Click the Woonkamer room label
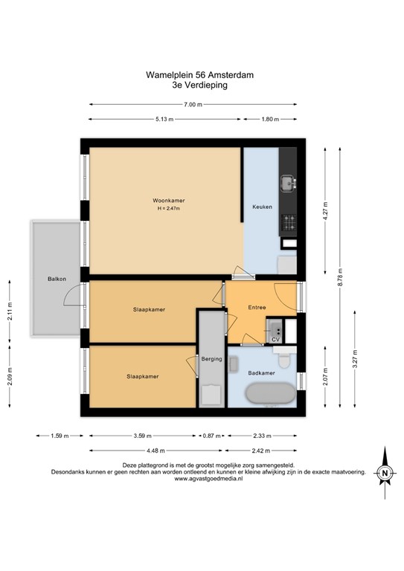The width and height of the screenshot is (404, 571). [x=169, y=201]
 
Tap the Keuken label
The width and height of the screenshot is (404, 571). [x=262, y=207]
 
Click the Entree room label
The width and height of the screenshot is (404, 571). [x=257, y=307]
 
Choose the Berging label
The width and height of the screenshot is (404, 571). [x=212, y=359]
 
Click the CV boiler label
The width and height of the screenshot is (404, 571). [x=275, y=339]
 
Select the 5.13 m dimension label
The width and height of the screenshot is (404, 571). [x=164, y=120]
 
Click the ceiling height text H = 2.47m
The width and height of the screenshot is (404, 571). [x=169, y=209]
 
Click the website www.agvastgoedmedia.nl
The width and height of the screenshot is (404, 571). [x=202, y=480]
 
